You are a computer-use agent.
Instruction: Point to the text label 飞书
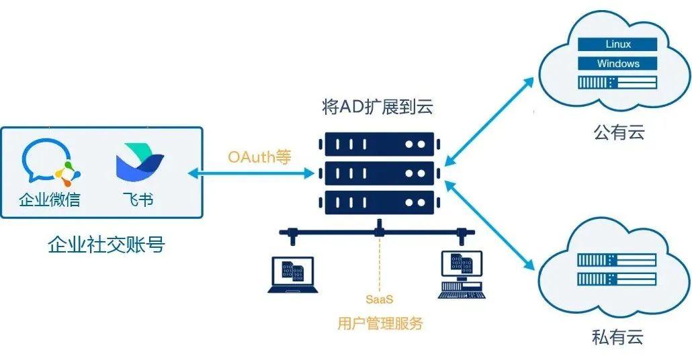(x=138, y=199)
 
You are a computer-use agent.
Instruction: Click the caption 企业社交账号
(x=106, y=244)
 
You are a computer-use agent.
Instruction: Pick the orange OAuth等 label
(x=259, y=157)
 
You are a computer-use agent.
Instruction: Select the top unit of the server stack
(x=379, y=144)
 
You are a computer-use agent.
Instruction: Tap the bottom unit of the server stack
(x=379, y=203)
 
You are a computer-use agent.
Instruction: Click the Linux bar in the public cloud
(x=617, y=44)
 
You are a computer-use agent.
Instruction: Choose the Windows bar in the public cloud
(x=617, y=64)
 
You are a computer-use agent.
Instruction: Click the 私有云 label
(x=617, y=337)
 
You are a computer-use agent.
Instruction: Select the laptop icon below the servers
(x=294, y=275)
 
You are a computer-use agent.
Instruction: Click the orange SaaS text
(x=379, y=298)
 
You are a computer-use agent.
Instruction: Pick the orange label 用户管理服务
(x=380, y=323)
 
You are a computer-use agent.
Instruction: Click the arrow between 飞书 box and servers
(x=251, y=174)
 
